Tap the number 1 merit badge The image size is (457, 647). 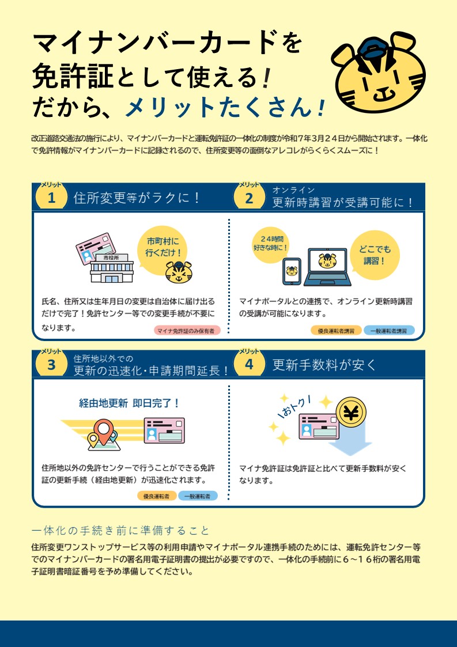coord(51,197)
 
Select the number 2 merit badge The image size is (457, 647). coord(249,197)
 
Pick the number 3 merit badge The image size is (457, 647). coord(51,364)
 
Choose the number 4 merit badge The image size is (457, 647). coord(249,364)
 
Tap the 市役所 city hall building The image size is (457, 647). coord(112,268)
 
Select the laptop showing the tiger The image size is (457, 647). coord(327,267)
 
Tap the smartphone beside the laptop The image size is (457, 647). coord(292,271)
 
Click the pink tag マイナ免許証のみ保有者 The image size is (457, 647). coord(187,331)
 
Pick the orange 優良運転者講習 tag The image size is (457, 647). coord(336,331)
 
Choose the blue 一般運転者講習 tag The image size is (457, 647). coord(389,331)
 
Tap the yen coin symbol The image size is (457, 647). coord(351,412)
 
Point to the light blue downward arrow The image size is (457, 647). coord(350,440)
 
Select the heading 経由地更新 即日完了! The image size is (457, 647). coord(129,403)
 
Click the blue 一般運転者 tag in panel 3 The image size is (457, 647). coord(197,496)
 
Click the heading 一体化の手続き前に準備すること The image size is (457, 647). coord(120,530)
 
